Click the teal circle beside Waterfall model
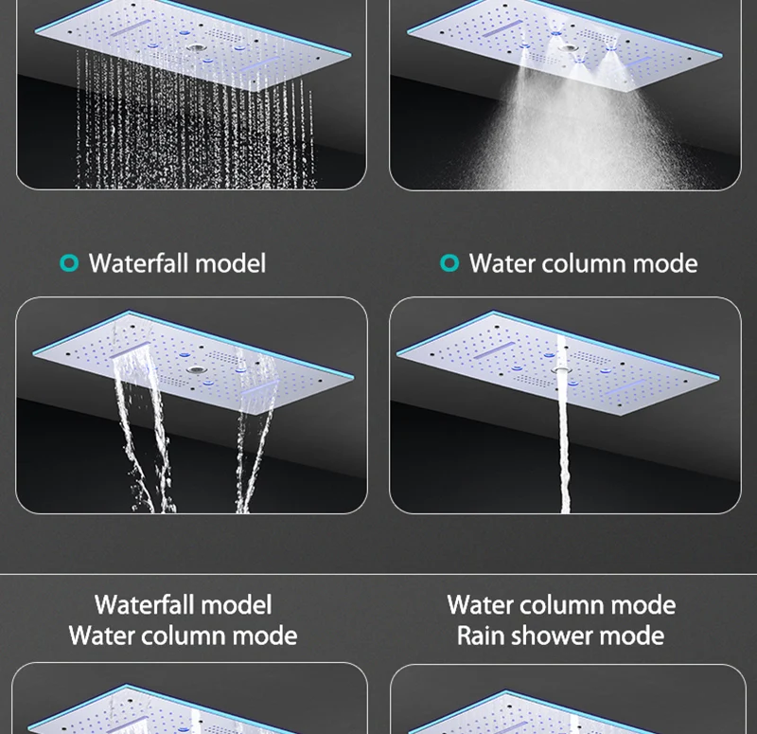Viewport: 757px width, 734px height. point(69,263)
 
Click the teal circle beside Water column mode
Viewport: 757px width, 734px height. point(449,263)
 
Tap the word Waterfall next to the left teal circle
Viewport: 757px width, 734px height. point(139,263)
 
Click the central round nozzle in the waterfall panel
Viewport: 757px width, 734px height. point(196,370)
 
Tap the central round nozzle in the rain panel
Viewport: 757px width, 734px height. point(196,48)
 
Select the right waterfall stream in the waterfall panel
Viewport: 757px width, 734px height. point(255,435)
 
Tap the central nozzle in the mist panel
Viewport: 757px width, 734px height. point(569,48)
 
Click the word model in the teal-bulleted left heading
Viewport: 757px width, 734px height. point(231,263)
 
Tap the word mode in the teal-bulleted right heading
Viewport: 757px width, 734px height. point(665,264)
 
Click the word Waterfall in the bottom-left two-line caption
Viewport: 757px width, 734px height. point(145,605)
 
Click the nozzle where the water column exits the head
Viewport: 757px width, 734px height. point(561,370)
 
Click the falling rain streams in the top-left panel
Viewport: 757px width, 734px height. point(193,121)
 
